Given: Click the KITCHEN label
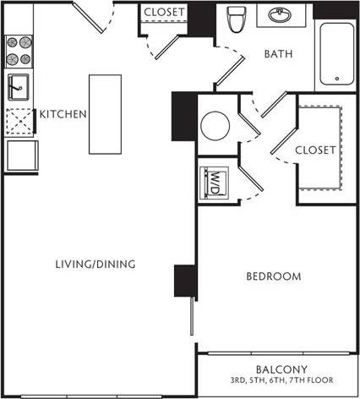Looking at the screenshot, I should click(63, 114).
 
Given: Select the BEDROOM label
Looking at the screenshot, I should click(274, 276).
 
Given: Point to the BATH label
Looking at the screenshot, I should click(279, 54).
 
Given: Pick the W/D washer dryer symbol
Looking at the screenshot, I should click(213, 180).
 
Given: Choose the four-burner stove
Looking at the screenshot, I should click(19, 51).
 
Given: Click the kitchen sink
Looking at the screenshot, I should click(18, 86).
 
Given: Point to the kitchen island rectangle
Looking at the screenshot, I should click(106, 114).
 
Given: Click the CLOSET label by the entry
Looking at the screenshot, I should click(166, 12).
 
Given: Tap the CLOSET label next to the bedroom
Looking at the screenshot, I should click(316, 150).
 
